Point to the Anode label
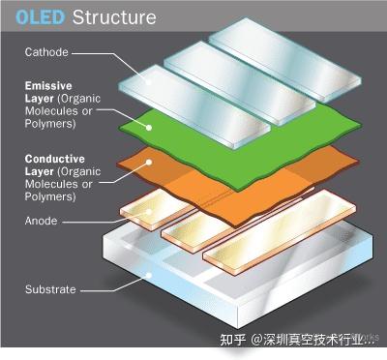pos(42,220)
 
